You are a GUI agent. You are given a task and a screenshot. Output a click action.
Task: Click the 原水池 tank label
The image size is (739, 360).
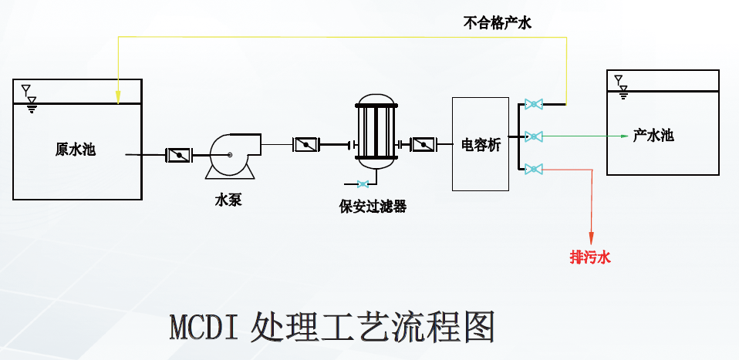75,150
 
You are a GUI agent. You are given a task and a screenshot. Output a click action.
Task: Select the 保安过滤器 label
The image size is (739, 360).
373,206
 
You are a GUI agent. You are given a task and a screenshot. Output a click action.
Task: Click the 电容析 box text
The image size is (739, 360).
480,144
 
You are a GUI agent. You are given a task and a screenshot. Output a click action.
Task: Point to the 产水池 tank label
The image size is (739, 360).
653,136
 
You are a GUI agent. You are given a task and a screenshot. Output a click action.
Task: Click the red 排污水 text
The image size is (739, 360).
590,257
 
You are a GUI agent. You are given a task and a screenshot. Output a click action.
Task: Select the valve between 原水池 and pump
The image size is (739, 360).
179,155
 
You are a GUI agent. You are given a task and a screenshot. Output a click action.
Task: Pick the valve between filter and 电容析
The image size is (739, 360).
423,144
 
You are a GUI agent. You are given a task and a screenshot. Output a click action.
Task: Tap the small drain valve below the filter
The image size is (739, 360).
363,183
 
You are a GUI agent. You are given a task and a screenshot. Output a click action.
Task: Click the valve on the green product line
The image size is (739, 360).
532,136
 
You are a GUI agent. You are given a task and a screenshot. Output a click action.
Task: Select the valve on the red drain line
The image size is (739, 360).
532,169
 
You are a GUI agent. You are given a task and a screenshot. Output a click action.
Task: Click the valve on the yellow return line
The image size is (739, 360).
532,104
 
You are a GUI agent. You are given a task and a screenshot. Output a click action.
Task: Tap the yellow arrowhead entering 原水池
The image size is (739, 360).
117,97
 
